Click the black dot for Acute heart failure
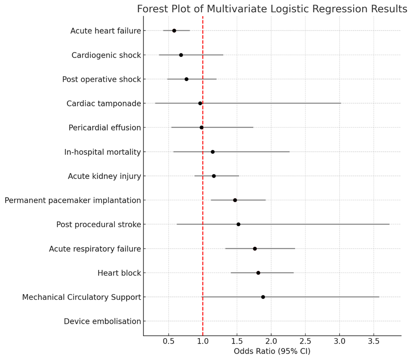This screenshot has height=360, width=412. [x=174, y=31]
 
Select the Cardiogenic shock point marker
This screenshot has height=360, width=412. [x=181, y=55]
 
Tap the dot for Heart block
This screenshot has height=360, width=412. [x=258, y=273]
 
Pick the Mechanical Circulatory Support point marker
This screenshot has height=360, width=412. [x=263, y=297]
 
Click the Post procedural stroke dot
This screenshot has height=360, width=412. [x=238, y=224]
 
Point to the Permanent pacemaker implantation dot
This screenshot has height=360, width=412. [x=235, y=200]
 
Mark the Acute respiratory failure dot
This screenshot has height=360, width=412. [x=255, y=249]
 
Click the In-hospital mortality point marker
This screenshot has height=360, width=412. [x=213, y=152]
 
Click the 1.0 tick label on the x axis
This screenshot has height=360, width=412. [x=202, y=341]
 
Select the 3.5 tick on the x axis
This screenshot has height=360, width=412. [x=373, y=341]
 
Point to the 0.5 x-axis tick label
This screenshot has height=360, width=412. [x=168, y=341]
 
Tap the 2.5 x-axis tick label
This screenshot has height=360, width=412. [x=305, y=341]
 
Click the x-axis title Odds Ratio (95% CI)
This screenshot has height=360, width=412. [x=272, y=352]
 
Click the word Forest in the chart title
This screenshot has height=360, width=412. [x=151, y=9]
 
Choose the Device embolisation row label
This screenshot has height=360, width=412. [x=102, y=321]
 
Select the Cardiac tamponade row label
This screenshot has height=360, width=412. [x=103, y=103]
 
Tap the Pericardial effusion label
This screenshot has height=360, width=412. [x=105, y=128]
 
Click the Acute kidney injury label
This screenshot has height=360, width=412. [x=104, y=176]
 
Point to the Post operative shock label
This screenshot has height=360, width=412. [x=102, y=79]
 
